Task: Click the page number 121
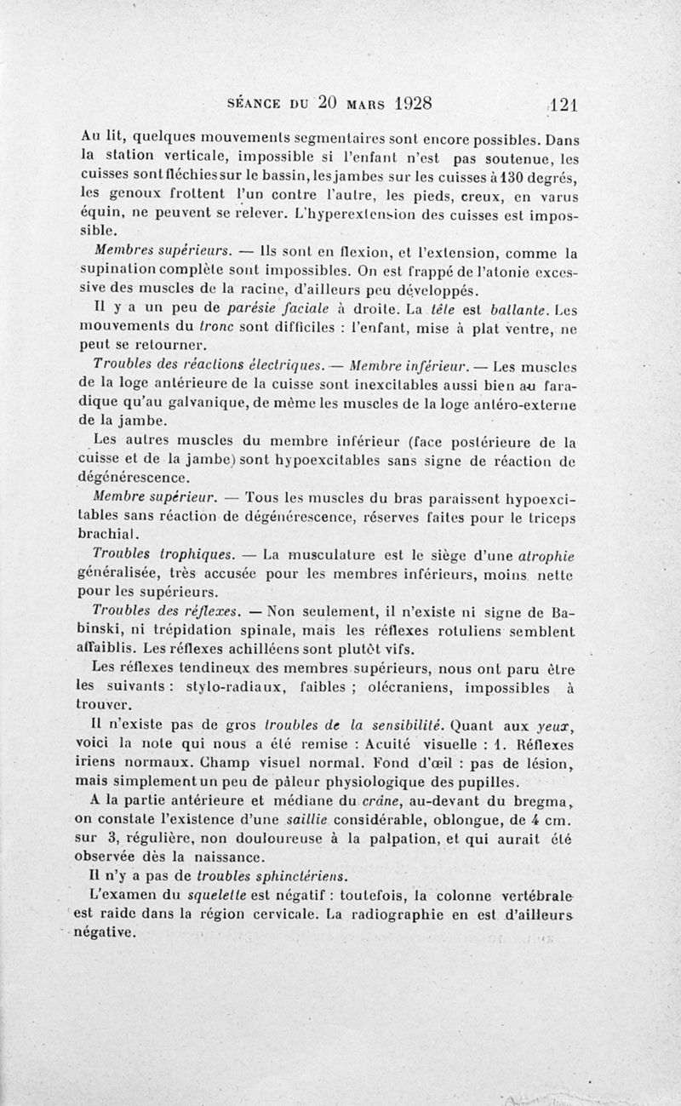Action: (563, 105)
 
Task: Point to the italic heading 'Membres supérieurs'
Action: (162, 251)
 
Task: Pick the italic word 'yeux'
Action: (558, 725)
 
